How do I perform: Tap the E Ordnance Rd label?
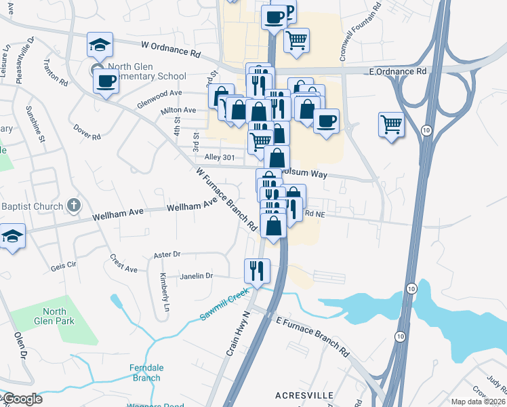pos(398,71)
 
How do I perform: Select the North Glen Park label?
pos(54,316)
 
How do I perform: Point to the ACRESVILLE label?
pos(302,394)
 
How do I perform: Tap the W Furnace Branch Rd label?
pos(227,197)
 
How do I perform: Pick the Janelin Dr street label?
pos(197,276)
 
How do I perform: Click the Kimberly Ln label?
pos(163,288)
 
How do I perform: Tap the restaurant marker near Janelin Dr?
pos(257,270)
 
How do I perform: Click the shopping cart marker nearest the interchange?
pos(391,125)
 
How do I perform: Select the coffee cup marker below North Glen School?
pos(106,81)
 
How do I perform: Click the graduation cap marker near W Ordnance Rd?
pos(100,46)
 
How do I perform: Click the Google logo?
pos(22,399)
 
